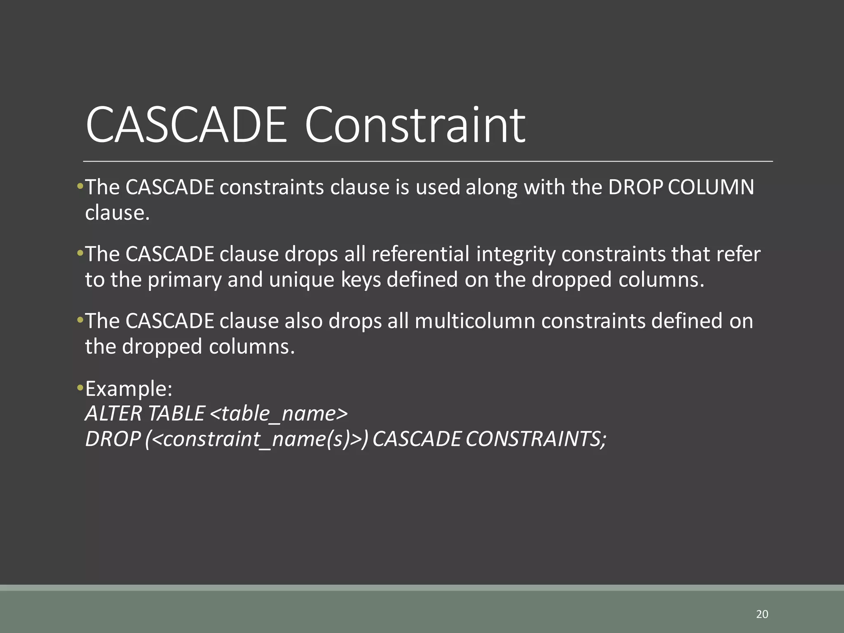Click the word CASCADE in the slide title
point(186,125)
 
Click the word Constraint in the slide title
point(415,125)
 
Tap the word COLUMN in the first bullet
point(711,187)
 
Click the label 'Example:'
point(129,389)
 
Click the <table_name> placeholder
point(279,413)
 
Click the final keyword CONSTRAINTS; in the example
point(536,439)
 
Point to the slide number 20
point(762,614)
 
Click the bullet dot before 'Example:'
point(80,388)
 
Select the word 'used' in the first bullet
point(438,187)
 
